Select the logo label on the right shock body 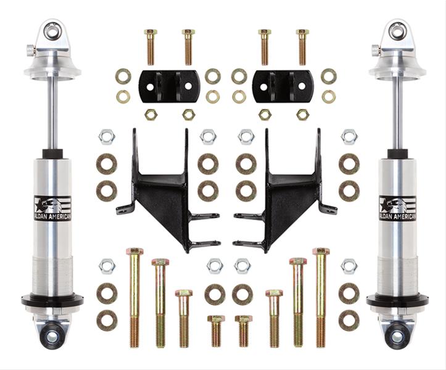coord(397,208)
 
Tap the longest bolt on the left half coord(134,296)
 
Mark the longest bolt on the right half coord(320,296)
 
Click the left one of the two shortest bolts coord(216,331)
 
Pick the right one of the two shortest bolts coord(243,331)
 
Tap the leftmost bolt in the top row coord(151,46)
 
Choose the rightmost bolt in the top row coord(302,46)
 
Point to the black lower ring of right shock coord(397,302)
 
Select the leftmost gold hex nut coord(151,114)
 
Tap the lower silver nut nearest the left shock coord(107,266)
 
